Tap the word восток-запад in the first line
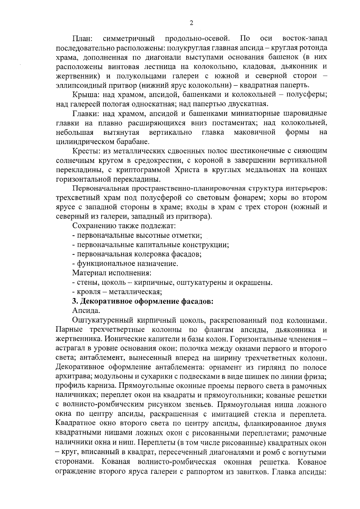pyautogui.click(x=305, y=39)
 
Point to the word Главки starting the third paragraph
pyautogui.click(x=86, y=114)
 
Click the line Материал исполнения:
pyautogui.click(x=112, y=273)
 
